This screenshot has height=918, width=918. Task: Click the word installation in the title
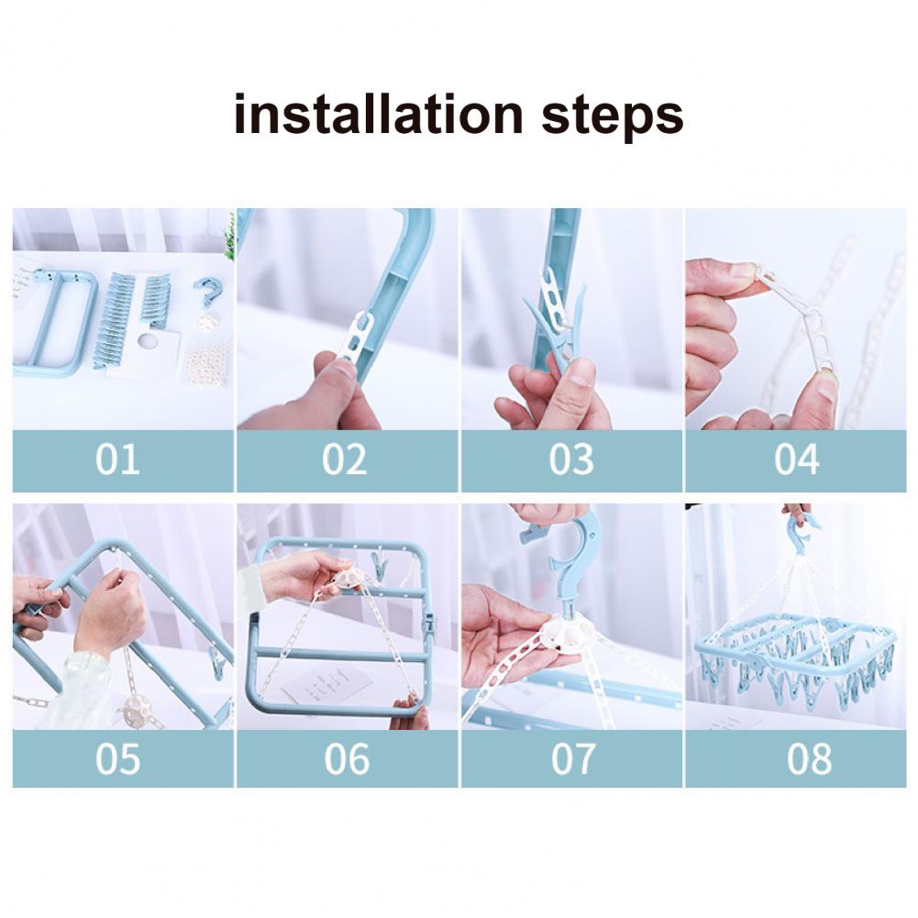[x=378, y=114]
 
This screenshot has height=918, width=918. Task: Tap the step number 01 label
[x=117, y=459]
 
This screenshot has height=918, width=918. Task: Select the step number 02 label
[x=344, y=459]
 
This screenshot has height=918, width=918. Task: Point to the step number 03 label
[x=571, y=459]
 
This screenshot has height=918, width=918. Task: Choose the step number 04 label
[x=797, y=459]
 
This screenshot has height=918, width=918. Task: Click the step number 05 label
[x=117, y=759]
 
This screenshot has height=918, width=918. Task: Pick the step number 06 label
[x=348, y=759]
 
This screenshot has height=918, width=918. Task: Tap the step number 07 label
[x=572, y=759]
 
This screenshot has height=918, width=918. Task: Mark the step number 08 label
[x=809, y=759]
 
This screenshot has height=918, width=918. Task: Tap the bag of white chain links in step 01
[x=208, y=363]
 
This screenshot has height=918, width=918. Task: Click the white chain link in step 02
[x=357, y=336]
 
